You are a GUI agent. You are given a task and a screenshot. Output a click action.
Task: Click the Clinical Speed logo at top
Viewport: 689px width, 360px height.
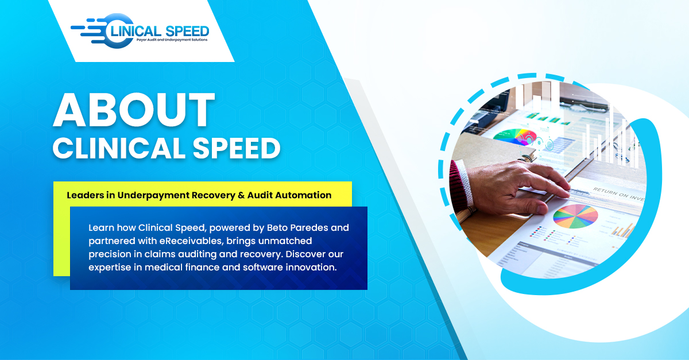coord(140,32)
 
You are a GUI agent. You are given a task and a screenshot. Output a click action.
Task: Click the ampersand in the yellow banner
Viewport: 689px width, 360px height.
coord(240,195)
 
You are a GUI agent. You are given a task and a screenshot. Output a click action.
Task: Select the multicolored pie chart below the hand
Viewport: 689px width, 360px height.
coord(575,215)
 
